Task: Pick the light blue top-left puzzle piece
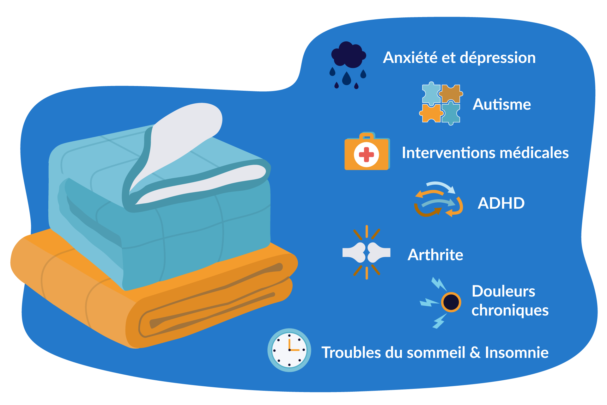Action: click(x=431, y=94)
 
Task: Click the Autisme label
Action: click(x=501, y=104)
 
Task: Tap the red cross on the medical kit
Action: click(x=367, y=155)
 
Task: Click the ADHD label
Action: click(x=501, y=203)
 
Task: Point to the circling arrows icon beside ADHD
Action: click(x=439, y=199)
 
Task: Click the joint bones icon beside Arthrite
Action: click(x=367, y=253)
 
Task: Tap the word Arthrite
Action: click(x=435, y=255)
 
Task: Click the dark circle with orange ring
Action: click(x=451, y=302)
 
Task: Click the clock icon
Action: click(x=289, y=350)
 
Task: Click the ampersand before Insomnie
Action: click(x=475, y=353)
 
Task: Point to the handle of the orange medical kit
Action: click(x=367, y=136)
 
